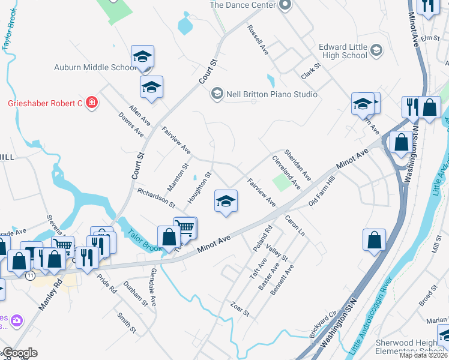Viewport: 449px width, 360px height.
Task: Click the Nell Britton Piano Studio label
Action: click(271, 94)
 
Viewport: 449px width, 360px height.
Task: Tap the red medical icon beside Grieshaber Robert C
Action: click(91, 103)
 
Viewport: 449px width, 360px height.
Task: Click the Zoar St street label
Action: click(239, 310)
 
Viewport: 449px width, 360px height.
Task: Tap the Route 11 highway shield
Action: click(29, 274)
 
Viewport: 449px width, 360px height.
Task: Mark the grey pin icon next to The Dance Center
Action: click(285, 5)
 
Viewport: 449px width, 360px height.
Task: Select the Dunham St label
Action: click(135, 295)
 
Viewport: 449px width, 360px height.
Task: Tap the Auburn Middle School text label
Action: click(95, 67)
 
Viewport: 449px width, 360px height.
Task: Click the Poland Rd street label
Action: click(262, 238)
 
